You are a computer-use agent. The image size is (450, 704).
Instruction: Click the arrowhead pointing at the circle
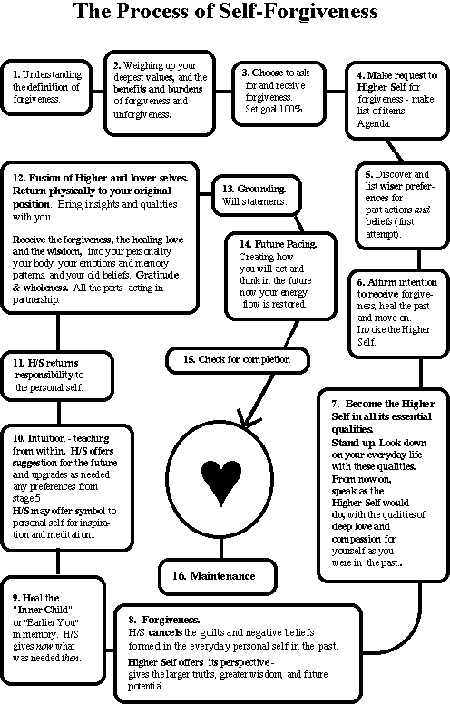248,420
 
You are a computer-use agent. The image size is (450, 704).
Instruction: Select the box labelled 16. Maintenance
218,576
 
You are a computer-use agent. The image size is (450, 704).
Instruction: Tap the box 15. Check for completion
238,360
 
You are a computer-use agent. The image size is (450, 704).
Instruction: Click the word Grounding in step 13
261,189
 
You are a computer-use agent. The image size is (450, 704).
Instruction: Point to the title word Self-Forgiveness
298,11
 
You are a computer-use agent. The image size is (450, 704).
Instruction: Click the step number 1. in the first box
16,75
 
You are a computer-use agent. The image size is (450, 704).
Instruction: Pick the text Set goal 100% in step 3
273,109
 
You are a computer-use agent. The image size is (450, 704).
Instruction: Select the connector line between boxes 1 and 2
98,92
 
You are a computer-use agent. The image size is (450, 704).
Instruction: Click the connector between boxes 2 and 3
223,92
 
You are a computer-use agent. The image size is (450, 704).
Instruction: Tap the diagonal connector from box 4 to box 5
395,151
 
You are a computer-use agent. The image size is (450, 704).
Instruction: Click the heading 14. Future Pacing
278,244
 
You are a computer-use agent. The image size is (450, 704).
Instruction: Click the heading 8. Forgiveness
164,620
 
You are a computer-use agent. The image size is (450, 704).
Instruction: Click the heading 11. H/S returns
45,363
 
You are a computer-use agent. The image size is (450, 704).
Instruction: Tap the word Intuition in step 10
45,438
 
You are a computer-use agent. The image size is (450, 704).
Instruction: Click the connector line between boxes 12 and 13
205,194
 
